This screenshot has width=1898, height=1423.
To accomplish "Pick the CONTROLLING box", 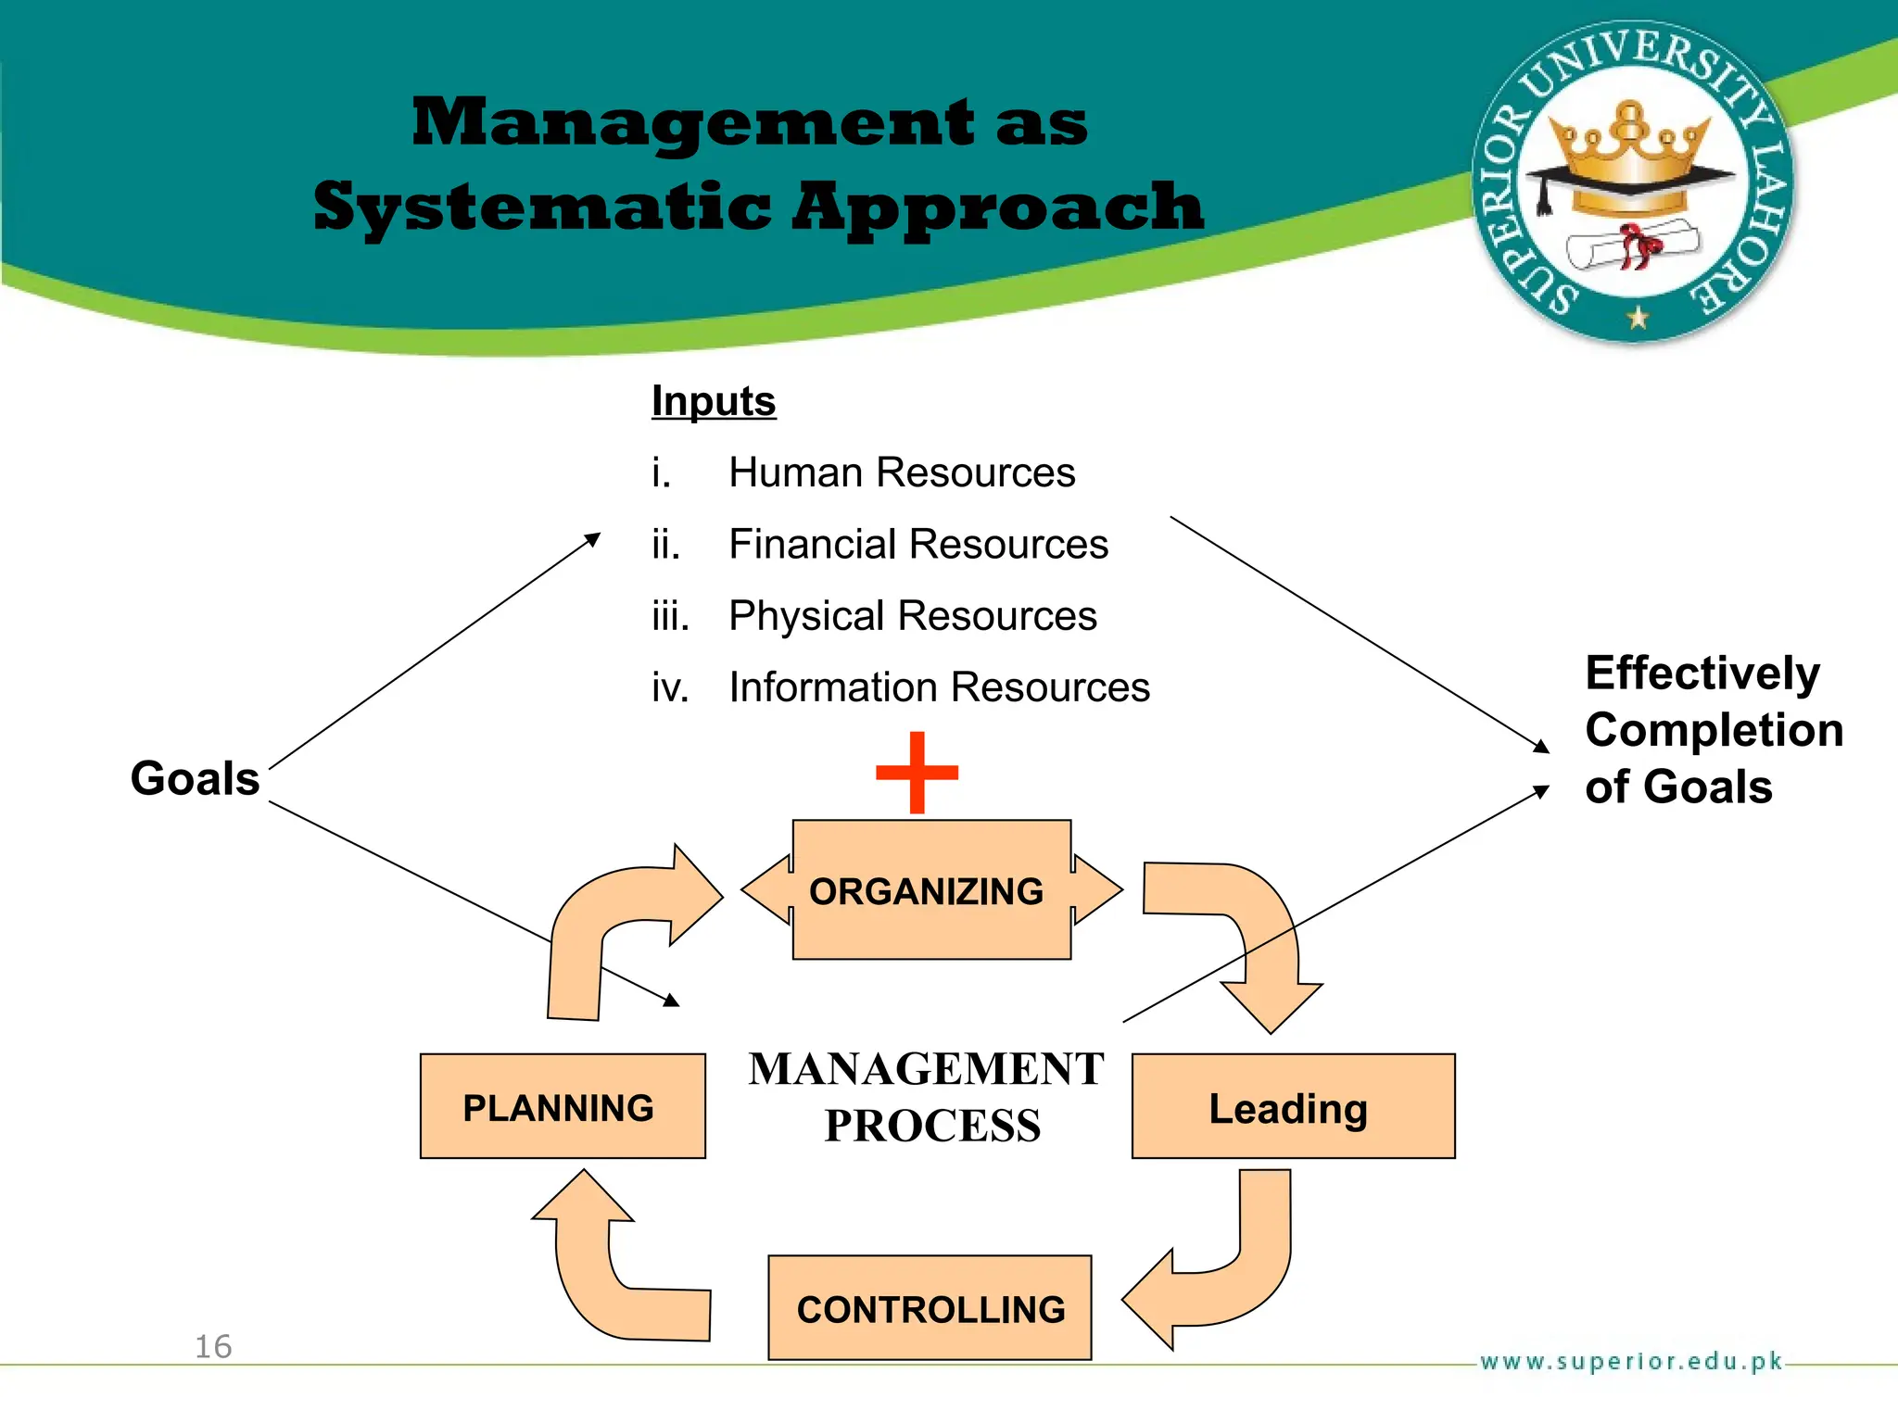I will [x=930, y=1308].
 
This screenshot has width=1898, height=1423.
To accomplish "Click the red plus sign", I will [x=917, y=773].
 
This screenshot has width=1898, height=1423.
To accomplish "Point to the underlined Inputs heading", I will [x=714, y=401].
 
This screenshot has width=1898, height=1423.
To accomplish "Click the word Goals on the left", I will [x=195, y=777].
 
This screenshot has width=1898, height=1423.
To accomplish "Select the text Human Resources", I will [x=901, y=472].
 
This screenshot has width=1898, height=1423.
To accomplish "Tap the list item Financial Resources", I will [x=917, y=544].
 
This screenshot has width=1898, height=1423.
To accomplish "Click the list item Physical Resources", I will [x=912, y=616].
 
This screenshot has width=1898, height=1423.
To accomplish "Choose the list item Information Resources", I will [x=938, y=687].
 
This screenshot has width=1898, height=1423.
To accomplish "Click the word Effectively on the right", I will [x=1702, y=673].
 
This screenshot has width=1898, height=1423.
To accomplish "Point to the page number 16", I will [x=213, y=1346].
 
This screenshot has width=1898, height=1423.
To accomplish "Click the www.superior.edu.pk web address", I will [x=1631, y=1361].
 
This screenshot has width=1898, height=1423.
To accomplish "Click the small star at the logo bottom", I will [x=1638, y=318].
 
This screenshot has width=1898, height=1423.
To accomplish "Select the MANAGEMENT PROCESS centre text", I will [x=927, y=1097].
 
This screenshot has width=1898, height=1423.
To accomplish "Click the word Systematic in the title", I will [x=542, y=207].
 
